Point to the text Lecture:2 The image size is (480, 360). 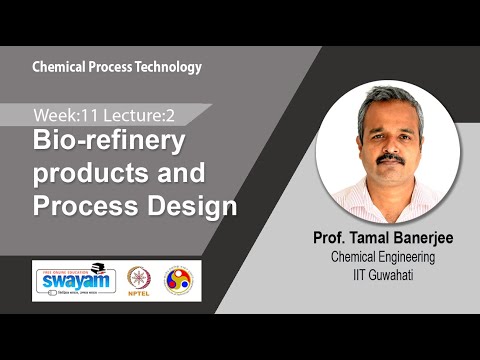coord(125,113)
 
